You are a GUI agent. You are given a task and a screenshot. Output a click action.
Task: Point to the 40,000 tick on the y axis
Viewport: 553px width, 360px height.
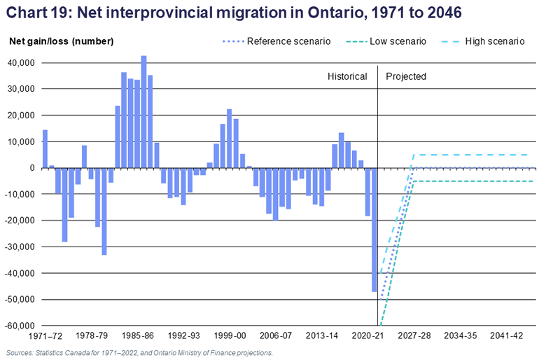23,63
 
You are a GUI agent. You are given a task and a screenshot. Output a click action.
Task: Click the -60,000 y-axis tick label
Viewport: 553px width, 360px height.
22,326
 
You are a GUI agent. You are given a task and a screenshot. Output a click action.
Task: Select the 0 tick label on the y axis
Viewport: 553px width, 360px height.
32,168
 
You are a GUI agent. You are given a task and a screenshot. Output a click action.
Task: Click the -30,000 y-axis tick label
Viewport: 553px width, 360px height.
22,247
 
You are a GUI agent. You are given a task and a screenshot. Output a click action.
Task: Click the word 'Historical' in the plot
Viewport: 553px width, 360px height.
347,76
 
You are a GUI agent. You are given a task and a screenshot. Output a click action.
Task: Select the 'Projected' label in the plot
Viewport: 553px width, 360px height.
406,76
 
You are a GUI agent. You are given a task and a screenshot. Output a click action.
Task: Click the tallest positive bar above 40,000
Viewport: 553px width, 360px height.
143,112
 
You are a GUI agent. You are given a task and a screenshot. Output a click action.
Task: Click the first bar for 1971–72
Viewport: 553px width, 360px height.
45,149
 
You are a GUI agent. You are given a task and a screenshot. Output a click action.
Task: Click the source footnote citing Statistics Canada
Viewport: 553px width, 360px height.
138,353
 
